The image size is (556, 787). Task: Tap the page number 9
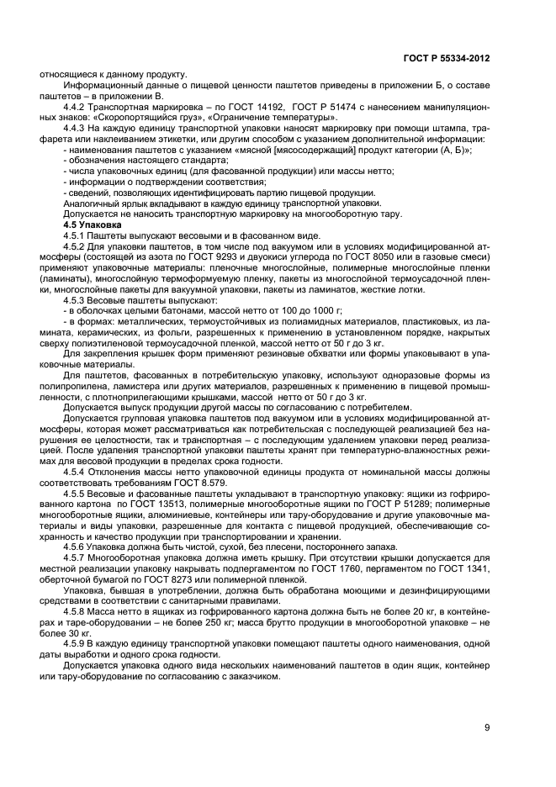point(486,729)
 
